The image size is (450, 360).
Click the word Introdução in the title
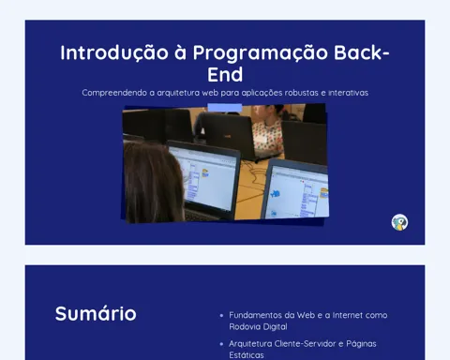pyautogui.click(x=114, y=52)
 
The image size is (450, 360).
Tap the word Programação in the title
pyautogui.click(x=261, y=52)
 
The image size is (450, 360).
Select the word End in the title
pyautogui.click(x=225, y=74)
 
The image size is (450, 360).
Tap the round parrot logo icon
pyautogui.click(x=399, y=222)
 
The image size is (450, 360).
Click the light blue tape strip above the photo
pyautogui.click(x=225, y=108)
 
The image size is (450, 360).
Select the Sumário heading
pyautogui.click(x=96, y=313)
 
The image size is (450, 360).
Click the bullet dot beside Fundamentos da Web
pyautogui.click(x=221, y=316)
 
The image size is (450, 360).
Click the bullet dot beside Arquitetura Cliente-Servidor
pyautogui.click(x=221, y=344)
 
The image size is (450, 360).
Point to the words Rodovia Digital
pyautogui.click(x=258, y=327)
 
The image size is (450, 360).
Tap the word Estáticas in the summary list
pyautogui.click(x=247, y=355)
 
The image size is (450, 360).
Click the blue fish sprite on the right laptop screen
pyautogui.click(x=275, y=194)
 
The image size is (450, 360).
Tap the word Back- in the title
pyautogui.click(x=362, y=52)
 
